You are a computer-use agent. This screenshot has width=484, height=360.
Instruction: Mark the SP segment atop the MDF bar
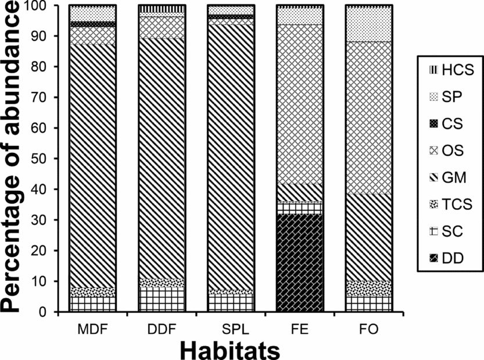(92, 13)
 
